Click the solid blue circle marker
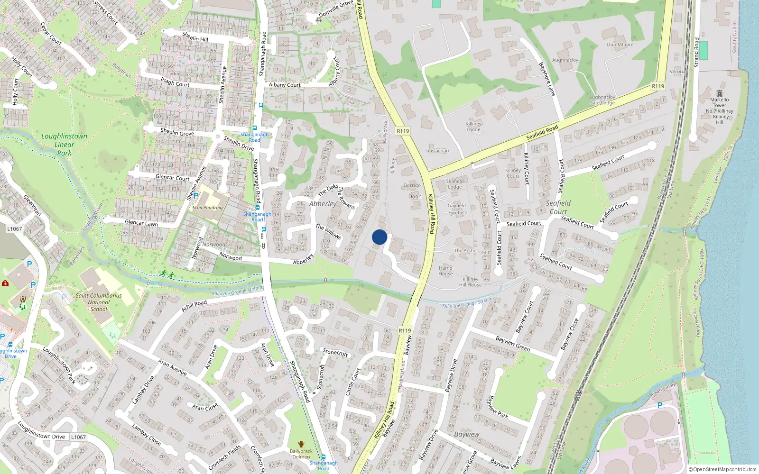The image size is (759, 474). click(379, 237)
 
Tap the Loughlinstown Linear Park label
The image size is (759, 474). click(64, 144)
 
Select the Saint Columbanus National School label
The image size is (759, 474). click(99, 302)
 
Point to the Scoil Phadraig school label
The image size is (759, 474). click(207, 208)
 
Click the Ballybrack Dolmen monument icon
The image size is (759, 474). click(301, 444)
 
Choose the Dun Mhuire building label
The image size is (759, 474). click(620, 45)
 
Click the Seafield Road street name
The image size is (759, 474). click(542, 132)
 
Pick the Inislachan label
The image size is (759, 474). click(437, 151)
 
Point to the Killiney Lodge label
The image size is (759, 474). click(473, 127)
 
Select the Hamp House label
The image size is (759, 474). click(445, 271)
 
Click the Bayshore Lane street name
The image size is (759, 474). click(547, 79)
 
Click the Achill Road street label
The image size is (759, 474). click(194, 306)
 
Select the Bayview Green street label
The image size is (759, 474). click(513, 344)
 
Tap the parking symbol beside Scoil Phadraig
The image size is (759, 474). click(195, 195)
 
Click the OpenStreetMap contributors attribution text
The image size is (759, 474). click(722, 469)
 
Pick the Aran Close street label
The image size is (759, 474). click(205, 407)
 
